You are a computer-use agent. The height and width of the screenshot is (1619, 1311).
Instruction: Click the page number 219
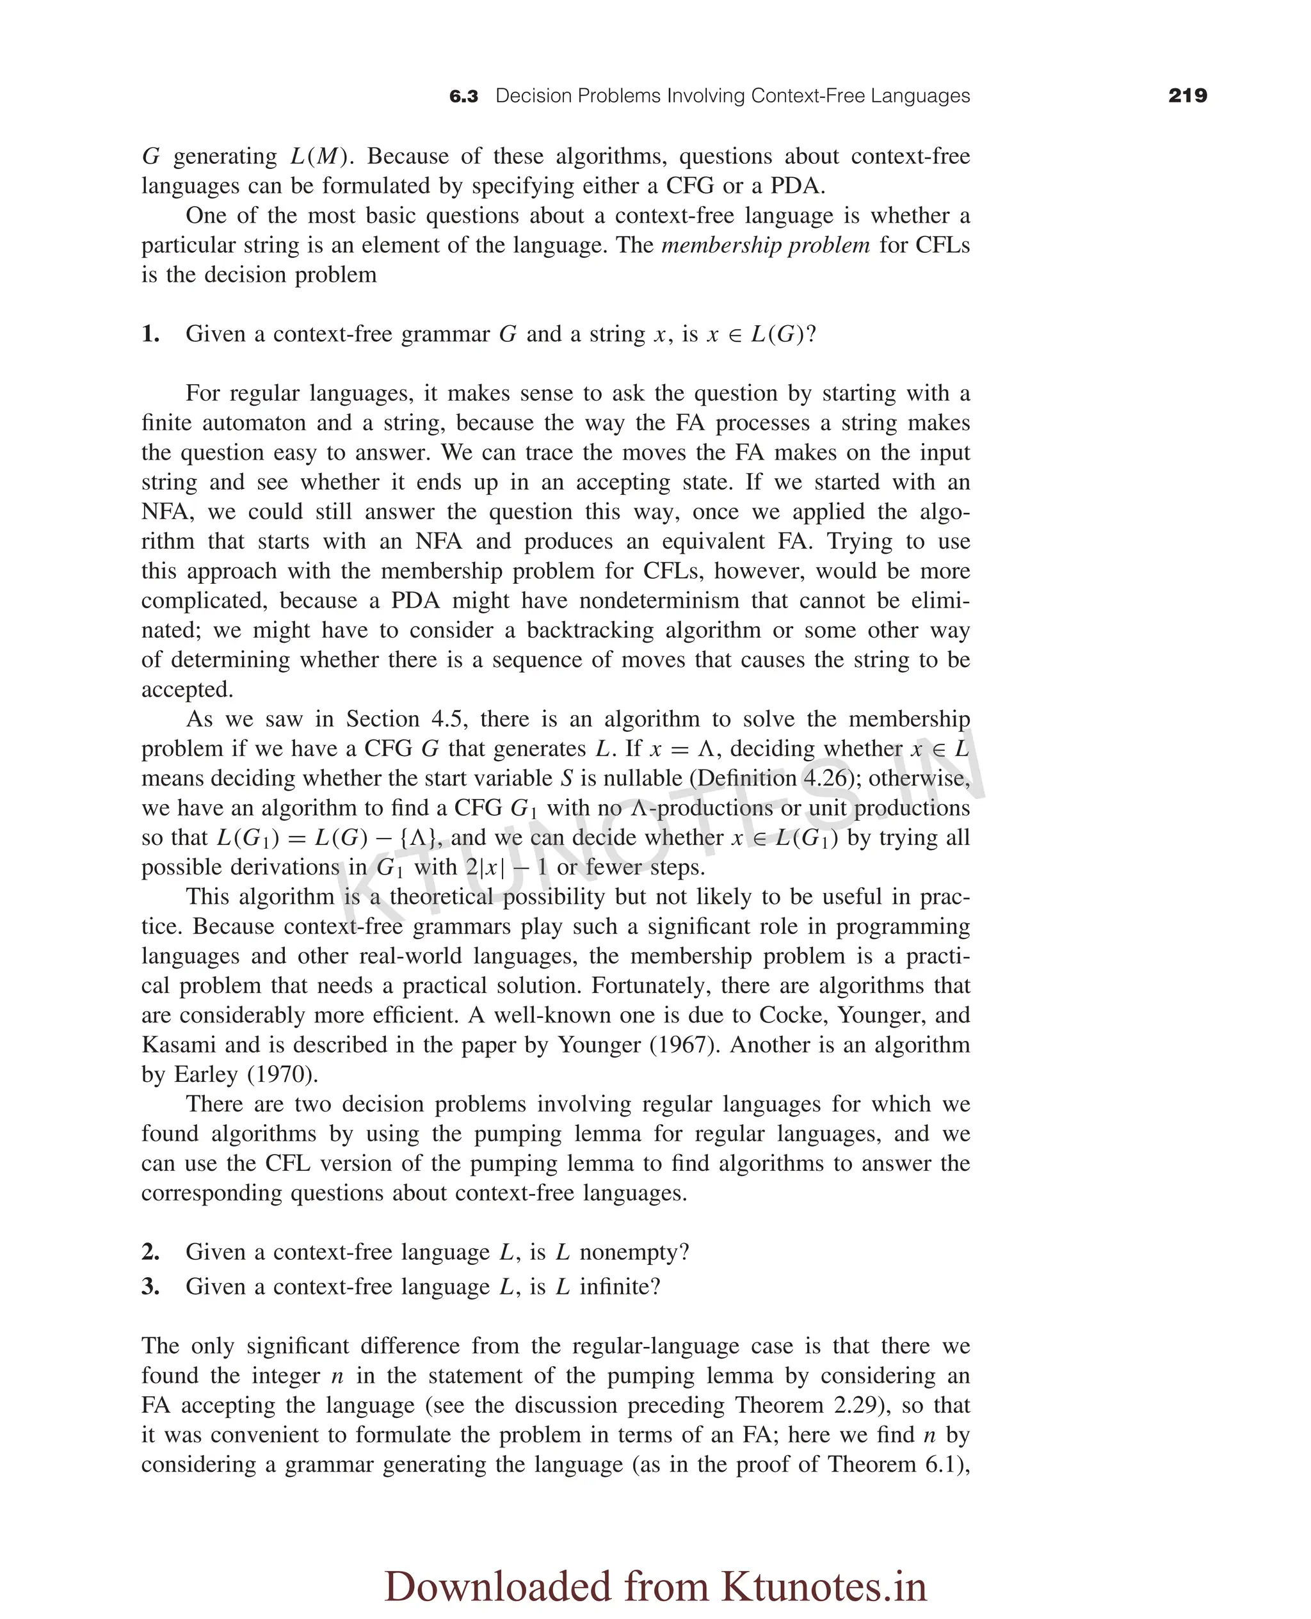(x=1187, y=96)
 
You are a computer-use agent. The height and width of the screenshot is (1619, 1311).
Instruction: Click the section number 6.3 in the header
(x=463, y=97)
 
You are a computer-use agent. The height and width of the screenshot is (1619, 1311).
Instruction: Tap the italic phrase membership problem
(x=765, y=245)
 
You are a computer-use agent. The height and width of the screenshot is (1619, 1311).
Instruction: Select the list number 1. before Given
(x=150, y=334)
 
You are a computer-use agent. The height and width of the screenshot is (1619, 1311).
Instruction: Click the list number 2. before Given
(x=150, y=1252)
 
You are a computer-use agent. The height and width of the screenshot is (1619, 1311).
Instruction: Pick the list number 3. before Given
(x=150, y=1286)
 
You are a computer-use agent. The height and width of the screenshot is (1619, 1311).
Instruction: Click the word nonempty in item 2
(x=634, y=1252)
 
